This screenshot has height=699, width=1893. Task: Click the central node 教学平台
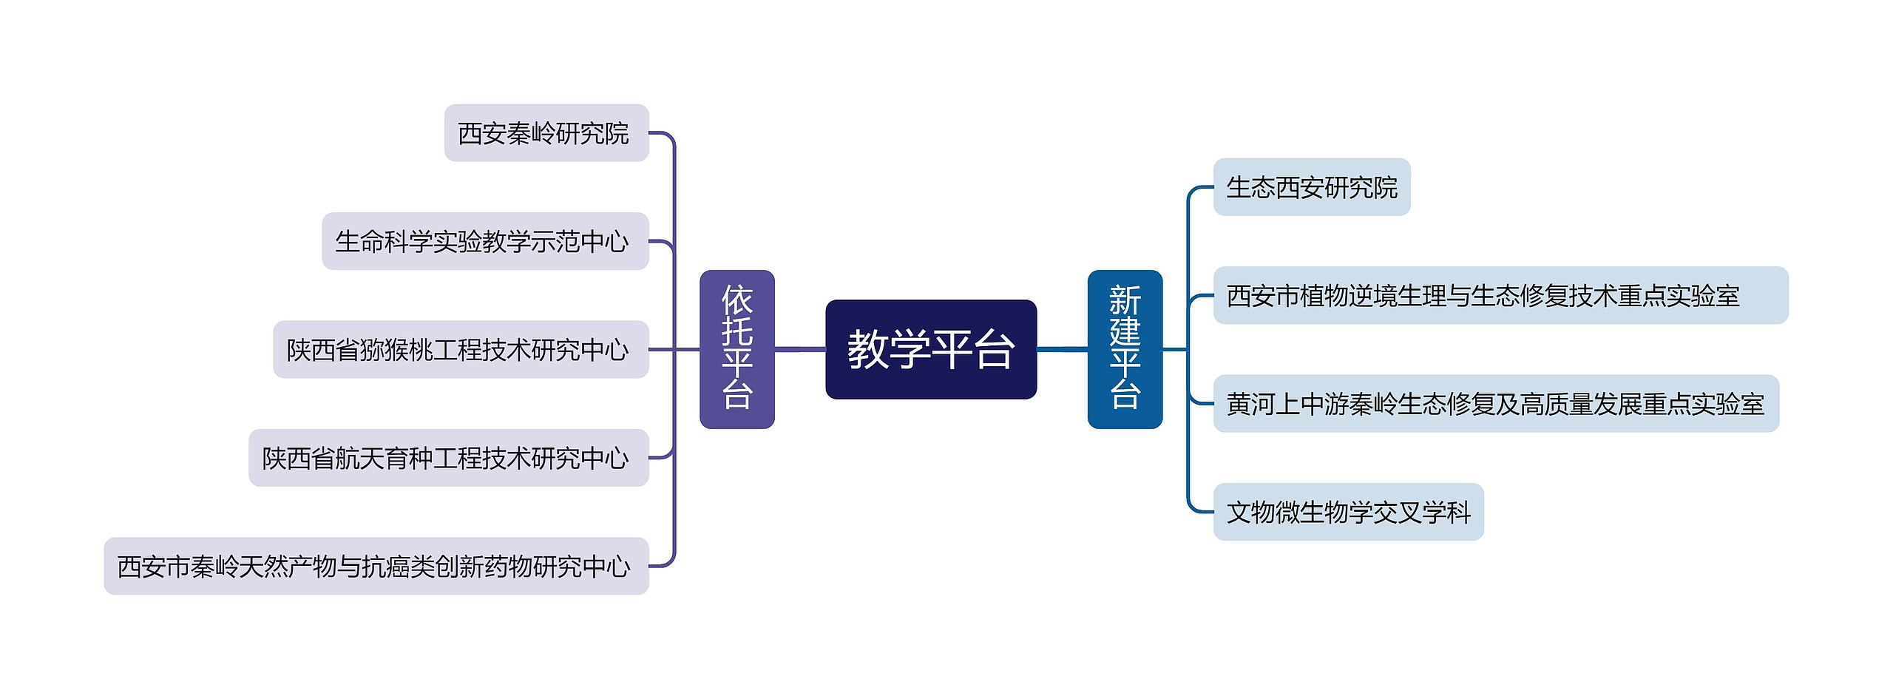tap(930, 349)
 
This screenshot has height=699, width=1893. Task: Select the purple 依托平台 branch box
tap(736, 349)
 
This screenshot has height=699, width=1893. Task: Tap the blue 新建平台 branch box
tap(1124, 349)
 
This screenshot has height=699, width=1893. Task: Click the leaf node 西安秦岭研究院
tap(546, 133)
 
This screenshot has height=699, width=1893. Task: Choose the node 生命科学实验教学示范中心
tap(484, 241)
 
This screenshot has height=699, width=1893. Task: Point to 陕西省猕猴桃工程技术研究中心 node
tap(460, 349)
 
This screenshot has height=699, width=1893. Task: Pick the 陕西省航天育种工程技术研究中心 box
tap(448, 458)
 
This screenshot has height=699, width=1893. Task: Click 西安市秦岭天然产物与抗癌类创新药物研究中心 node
tap(376, 566)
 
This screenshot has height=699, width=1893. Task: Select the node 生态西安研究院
tap(1311, 187)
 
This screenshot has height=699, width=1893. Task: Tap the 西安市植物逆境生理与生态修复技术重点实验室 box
tap(1500, 295)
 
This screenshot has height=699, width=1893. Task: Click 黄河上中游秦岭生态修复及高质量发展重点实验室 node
tap(1495, 404)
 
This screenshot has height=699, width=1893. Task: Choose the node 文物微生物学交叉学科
tap(1348, 512)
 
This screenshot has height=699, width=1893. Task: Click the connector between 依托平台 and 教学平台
tap(799, 349)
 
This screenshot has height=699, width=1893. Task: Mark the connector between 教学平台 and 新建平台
tap(1062, 349)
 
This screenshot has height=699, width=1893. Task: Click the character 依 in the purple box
tap(736, 300)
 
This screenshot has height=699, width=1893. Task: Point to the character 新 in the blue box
tap(1125, 300)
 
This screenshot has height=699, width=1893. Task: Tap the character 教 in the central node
tap(868, 349)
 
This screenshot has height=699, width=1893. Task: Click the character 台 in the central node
tap(994, 349)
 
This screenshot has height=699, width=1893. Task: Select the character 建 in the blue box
tap(1125, 332)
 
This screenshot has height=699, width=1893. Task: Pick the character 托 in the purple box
tap(736, 332)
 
